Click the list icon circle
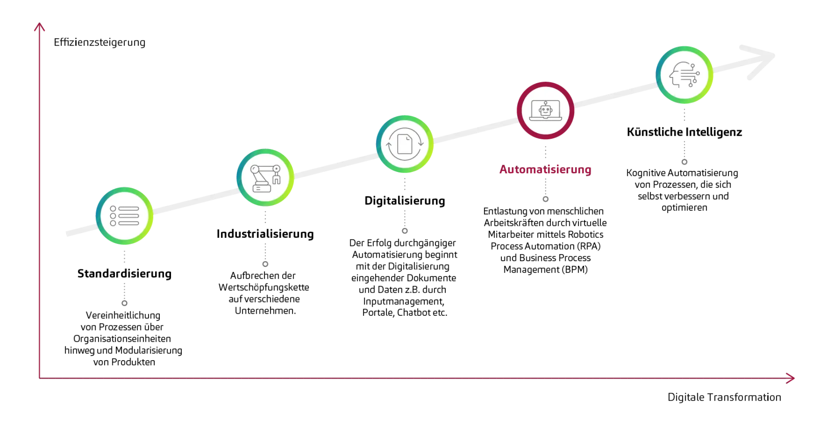click(124, 215)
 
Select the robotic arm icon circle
click(265, 177)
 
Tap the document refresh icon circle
click(404, 144)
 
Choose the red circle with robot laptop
click(545, 110)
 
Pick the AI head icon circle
click(684, 75)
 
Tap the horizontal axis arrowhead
click(791, 378)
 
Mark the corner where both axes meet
click(39, 378)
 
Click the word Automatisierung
click(545, 169)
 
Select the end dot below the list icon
click(125, 303)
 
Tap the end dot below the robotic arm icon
click(265, 264)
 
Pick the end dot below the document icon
click(404, 231)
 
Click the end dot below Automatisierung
click(546, 199)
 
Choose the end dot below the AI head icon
click(684, 162)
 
